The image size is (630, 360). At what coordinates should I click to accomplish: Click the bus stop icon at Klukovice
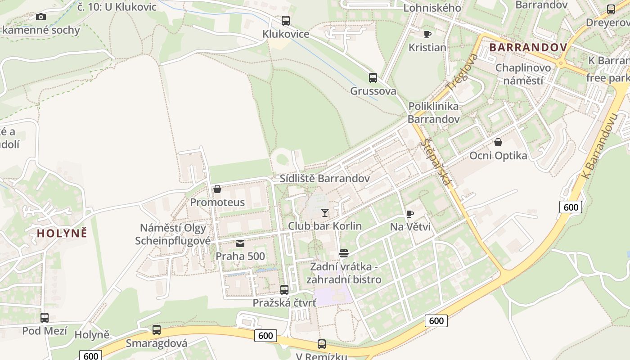point(286,20)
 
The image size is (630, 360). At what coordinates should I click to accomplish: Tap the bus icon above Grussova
point(373,77)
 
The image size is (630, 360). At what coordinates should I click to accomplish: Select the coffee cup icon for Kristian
point(427,34)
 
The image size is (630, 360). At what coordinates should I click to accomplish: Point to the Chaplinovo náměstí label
point(523,74)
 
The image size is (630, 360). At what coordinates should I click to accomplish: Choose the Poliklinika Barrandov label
point(434,112)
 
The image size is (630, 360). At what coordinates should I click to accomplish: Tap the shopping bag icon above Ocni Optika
point(498,142)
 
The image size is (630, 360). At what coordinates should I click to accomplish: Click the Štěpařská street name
point(436,162)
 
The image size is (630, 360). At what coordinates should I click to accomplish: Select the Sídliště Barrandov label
point(325,178)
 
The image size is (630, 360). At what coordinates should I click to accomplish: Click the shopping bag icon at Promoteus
point(217,189)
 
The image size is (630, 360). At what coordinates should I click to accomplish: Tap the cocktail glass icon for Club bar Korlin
point(325,212)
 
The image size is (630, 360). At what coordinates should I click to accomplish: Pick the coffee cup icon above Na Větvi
point(409,214)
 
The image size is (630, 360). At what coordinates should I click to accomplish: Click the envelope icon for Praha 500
point(240,243)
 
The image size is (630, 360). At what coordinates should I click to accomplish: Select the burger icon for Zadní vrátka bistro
point(344,253)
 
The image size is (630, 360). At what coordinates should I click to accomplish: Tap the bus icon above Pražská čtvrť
point(284,289)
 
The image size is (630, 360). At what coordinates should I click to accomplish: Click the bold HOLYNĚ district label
point(62,233)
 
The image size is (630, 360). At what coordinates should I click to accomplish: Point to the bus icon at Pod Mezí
point(45,318)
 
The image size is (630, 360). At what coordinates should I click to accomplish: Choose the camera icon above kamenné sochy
point(41,17)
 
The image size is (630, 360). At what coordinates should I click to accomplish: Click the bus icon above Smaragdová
point(157,329)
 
